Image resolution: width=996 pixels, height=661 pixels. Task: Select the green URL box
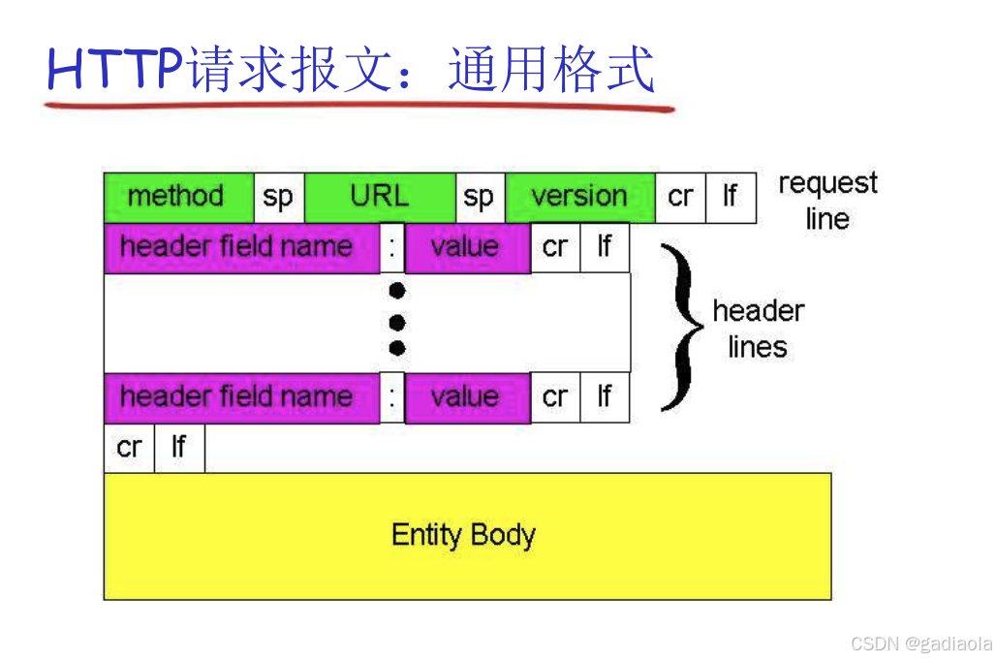click(x=379, y=198)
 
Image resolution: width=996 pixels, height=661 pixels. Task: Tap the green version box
click(x=579, y=198)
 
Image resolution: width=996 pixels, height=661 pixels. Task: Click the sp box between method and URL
click(x=278, y=198)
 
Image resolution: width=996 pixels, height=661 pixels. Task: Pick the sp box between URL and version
click(x=479, y=198)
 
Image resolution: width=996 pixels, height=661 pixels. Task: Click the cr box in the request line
click(x=680, y=198)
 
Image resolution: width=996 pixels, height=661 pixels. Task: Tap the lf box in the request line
click(x=730, y=198)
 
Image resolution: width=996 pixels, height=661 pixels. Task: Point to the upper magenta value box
click(x=466, y=248)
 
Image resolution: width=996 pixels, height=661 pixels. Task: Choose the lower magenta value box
click(x=466, y=397)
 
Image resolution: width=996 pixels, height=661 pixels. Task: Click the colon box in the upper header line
click(x=391, y=248)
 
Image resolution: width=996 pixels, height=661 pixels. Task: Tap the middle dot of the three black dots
click(x=396, y=322)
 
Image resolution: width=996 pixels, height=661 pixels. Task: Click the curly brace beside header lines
click(x=680, y=326)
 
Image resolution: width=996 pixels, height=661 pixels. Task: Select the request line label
click(x=826, y=201)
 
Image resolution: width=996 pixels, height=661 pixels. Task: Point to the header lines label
click(x=758, y=329)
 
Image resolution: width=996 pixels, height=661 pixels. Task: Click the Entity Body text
click(x=463, y=535)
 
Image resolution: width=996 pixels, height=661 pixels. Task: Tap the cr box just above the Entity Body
click(x=129, y=448)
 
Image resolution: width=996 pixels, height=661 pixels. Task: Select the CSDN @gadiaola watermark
click(x=920, y=644)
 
